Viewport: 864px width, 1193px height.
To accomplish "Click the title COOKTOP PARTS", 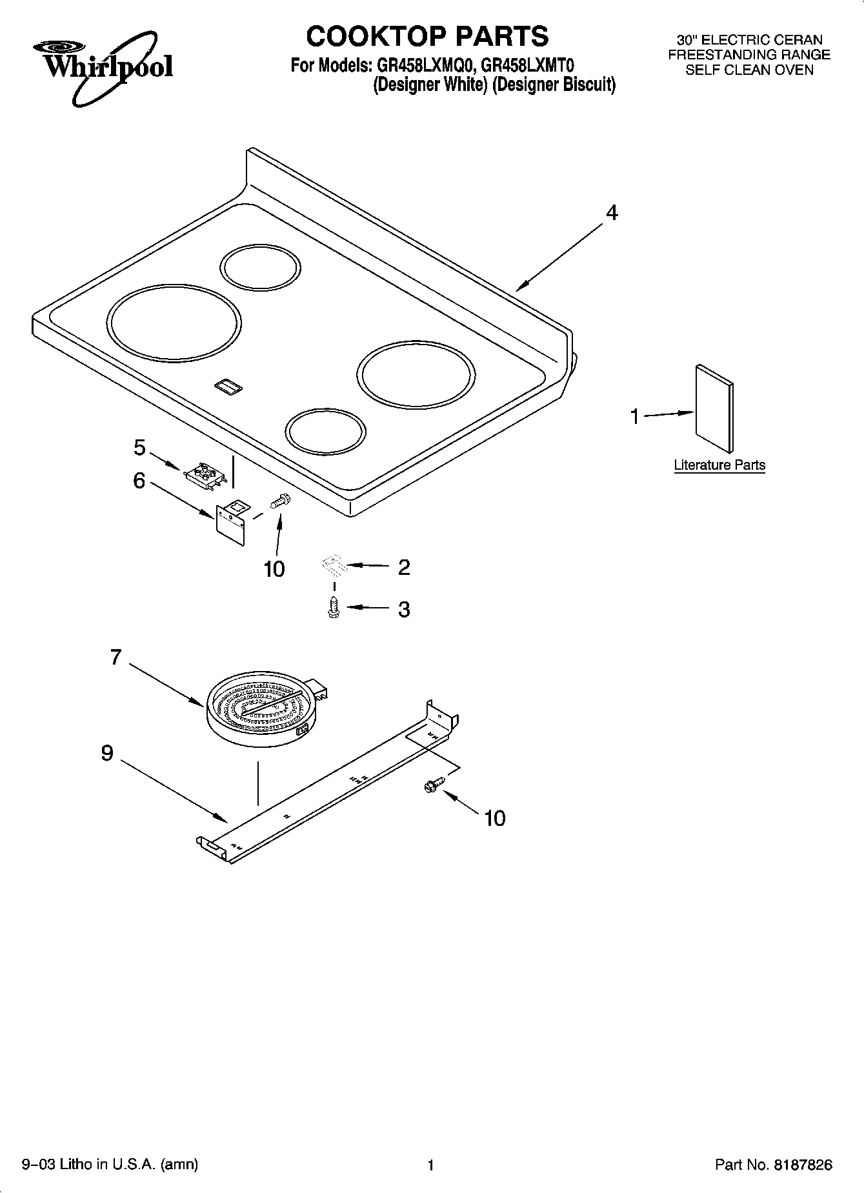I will pyautogui.click(x=427, y=37).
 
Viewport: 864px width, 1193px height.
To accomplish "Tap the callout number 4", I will pyautogui.click(x=611, y=212).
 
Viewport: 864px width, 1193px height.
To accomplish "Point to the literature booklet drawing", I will pyautogui.click(x=714, y=409).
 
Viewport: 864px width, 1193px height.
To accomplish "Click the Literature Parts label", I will pyautogui.click(x=719, y=465).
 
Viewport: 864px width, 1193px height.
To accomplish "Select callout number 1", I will pyautogui.click(x=635, y=417).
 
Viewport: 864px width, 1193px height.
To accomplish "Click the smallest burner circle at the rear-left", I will pyautogui.click(x=260, y=266).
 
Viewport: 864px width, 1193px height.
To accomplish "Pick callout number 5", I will pyautogui.click(x=139, y=447).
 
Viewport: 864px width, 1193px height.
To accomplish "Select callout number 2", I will pyautogui.click(x=404, y=567).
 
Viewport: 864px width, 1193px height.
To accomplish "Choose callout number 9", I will pyautogui.click(x=107, y=753).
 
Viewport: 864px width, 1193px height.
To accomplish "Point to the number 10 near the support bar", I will pyautogui.click(x=494, y=818).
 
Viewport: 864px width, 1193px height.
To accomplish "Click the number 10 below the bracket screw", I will pyautogui.click(x=274, y=568).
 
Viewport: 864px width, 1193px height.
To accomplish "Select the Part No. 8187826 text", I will pyautogui.click(x=773, y=1165).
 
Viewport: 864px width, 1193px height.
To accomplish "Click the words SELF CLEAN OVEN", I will pyautogui.click(x=748, y=70).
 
